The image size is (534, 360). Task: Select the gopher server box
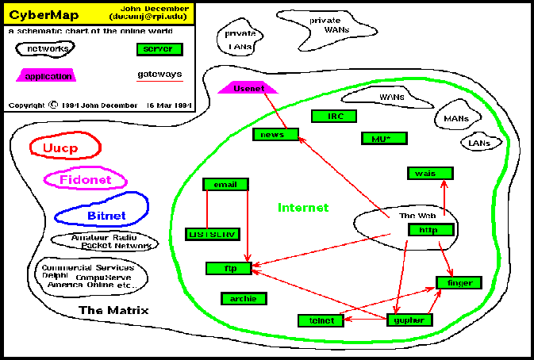coord(410,320)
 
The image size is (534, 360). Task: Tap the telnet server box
coord(321,320)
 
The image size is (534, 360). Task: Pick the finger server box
coord(458,283)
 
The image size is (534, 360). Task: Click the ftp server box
coord(228,269)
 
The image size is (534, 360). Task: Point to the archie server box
coord(244,298)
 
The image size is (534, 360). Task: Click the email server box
coord(225,185)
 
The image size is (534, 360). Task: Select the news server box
coord(275,134)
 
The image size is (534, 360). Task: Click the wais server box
coord(429,174)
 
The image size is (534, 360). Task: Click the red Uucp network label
coord(65,147)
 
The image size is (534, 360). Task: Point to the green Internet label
coord(303,208)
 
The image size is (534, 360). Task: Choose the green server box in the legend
coord(159,49)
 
